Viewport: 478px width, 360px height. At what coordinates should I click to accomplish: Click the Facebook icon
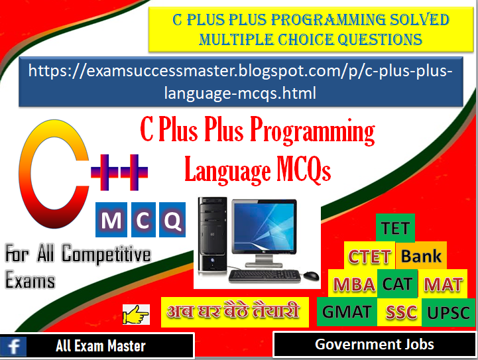coord(13,345)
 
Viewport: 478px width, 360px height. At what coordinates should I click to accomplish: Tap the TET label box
coord(395,229)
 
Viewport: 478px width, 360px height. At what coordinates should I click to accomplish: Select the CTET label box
coord(371,257)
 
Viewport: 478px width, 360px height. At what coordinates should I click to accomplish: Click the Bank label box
coord(421,256)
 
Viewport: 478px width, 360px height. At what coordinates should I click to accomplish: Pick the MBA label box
coord(354,284)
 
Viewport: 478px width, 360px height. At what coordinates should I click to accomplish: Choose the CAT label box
coord(397,284)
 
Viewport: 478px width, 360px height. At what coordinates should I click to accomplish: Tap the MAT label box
coord(443,284)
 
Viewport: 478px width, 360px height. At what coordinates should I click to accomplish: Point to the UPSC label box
coord(448,312)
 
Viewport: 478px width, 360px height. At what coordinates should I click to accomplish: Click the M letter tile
coord(112,221)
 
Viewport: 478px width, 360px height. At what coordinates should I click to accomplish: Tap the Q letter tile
coord(173,221)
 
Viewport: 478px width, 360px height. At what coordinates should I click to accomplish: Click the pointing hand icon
coord(136,314)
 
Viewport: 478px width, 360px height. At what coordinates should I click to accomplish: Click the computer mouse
coord(309,274)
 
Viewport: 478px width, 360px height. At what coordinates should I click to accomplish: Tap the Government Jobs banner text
coord(375,344)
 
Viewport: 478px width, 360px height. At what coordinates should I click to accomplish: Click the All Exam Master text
coord(101,345)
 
